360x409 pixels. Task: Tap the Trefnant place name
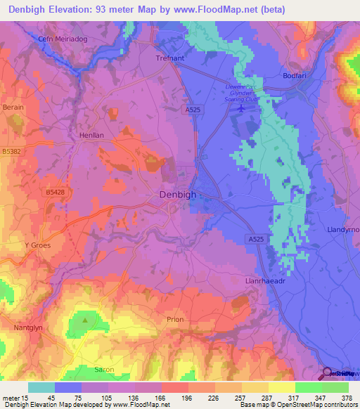tap(169, 58)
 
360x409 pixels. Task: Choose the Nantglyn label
tap(29, 327)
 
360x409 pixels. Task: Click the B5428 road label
tap(55, 191)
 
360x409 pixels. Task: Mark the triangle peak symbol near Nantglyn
tap(85, 320)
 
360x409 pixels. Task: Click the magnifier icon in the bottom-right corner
tap(327, 372)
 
